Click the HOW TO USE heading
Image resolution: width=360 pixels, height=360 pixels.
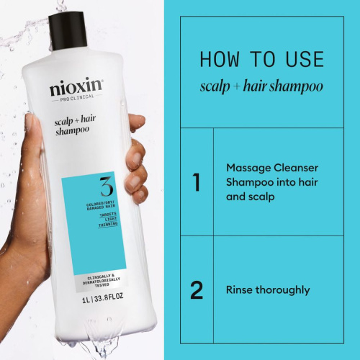point(262,58)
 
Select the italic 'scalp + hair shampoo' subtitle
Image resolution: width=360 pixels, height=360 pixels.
point(262,87)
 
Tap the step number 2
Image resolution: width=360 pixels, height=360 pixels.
point(196,290)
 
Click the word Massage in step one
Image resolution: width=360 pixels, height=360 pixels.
point(246,168)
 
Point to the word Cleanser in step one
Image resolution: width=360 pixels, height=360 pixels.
point(294,168)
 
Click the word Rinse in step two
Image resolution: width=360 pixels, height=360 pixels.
point(240,290)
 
